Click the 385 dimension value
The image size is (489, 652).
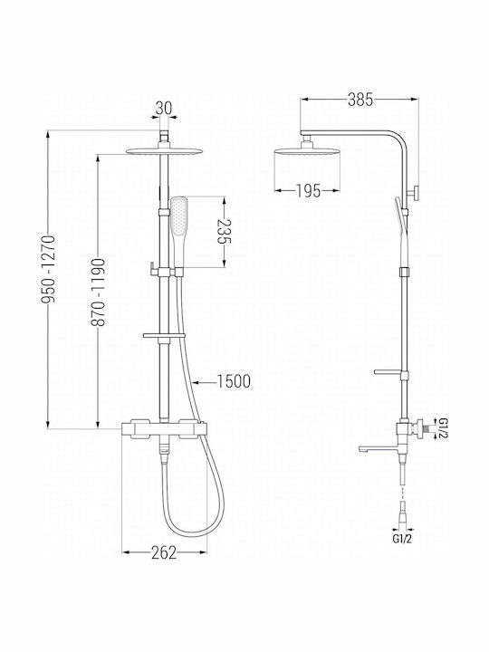(x=360, y=100)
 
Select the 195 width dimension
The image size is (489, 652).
(x=308, y=191)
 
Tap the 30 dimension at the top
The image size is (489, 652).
(x=163, y=109)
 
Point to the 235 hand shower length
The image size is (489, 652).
(x=225, y=233)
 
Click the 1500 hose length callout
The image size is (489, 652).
(x=235, y=381)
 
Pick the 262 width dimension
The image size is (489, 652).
(x=164, y=552)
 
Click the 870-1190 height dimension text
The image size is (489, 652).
(x=98, y=292)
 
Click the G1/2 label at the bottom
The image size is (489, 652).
(x=403, y=539)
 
